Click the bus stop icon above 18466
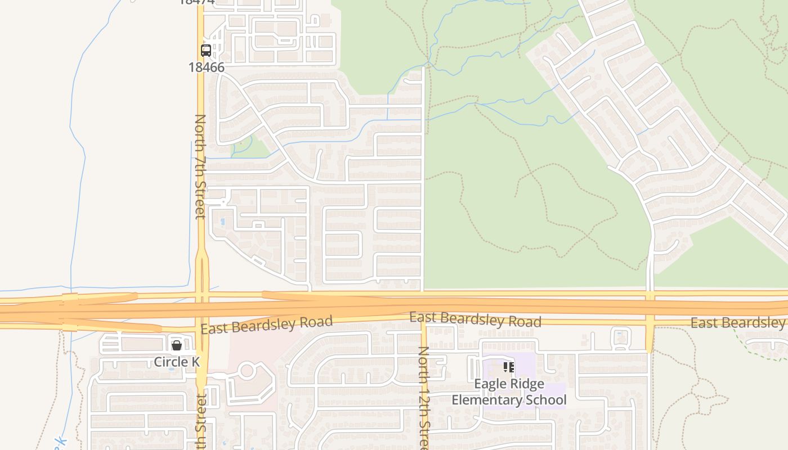tap(206, 51)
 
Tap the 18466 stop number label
tap(206, 67)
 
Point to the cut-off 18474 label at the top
tap(197, 2)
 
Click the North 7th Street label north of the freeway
tap(200, 166)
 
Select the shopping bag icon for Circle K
tap(177, 345)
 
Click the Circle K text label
tap(177, 362)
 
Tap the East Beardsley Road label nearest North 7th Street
tap(266, 325)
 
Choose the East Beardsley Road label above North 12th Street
tap(475, 319)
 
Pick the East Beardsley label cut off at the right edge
tap(737, 323)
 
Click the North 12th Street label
tap(424, 397)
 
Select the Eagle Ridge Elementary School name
tap(509, 392)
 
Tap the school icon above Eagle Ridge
tap(509, 367)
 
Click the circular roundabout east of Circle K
tap(247, 370)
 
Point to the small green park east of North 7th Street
tap(248, 148)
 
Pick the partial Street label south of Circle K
tap(201, 422)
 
